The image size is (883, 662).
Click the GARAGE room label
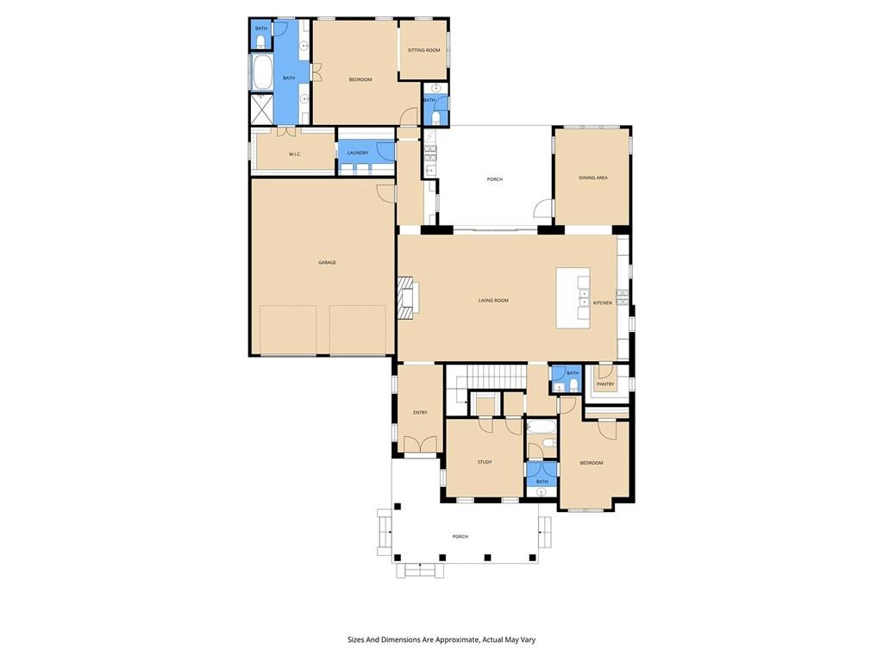pyautogui.click(x=327, y=262)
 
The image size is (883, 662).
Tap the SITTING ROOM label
pyautogui.click(x=423, y=50)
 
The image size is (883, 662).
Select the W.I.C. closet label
pyautogui.click(x=294, y=154)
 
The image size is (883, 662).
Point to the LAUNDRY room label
pyautogui.click(x=358, y=153)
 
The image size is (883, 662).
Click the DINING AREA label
pyautogui.click(x=593, y=178)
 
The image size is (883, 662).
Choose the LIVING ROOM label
pyautogui.click(x=494, y=300)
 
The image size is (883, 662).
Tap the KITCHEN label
pyautogui.click(x=603, y=303)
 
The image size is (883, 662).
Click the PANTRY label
pyautogui.click(x=605, y=384)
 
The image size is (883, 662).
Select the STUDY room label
pyautogui.click(x=485, y=462)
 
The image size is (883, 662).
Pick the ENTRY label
pyautogui.click(x=420, y=412)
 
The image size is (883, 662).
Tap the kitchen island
pyautogui.click(x=573, y=297)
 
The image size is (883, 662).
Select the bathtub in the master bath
pyautogui.click(x=261, y=72)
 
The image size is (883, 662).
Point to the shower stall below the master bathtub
pyautogui.click(x=260, y=109)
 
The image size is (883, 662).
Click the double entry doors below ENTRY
pyautogui.click(x=420, y=445)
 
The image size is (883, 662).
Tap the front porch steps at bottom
pyautogui.click(x=420, y=570)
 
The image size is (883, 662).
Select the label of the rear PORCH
pyautogui.click(x=494, y=179)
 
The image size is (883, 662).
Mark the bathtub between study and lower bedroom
pyautogui.click(x=542, y=428)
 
